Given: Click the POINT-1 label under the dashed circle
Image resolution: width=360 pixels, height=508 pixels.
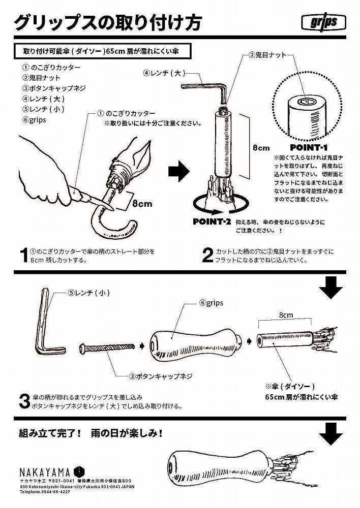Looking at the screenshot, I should [x=309, y=148].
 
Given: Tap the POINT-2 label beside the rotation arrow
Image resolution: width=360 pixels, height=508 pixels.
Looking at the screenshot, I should [x=212, y=222].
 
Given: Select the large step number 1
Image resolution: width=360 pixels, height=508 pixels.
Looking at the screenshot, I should [x=22, y=256].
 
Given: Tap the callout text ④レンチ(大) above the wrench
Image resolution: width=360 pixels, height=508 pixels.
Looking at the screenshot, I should [x=162, y=73].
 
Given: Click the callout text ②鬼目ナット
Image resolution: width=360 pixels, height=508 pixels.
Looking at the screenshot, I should [x=267, y=54].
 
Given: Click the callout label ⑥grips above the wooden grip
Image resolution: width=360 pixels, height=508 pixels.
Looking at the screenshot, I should [x=211, y=303].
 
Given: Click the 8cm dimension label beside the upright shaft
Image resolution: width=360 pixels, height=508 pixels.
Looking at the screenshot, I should [x=261, y=148].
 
